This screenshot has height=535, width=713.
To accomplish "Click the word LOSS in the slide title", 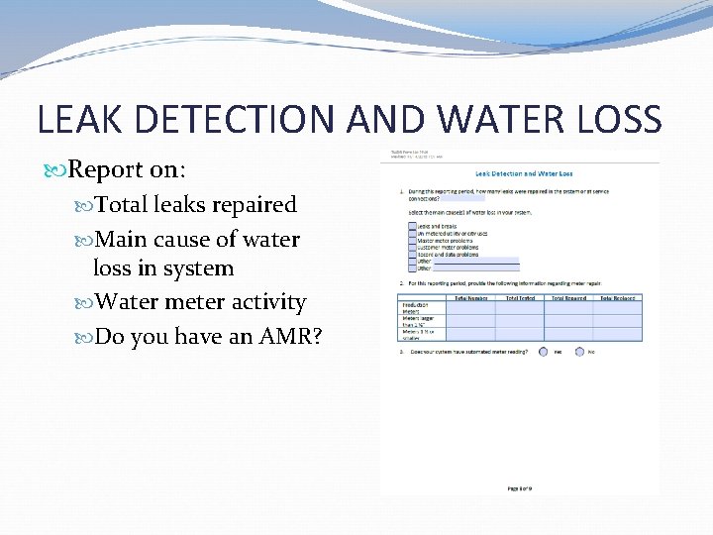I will [x=613, y=119].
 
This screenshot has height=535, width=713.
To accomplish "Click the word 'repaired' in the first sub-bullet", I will [x=252, y=204].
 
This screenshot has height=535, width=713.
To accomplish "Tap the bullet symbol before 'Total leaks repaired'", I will [x=85, y=205].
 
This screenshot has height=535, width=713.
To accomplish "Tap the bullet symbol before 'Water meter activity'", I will [x=85, y=302].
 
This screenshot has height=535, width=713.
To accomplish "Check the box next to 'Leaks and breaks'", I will [x=412, y=226].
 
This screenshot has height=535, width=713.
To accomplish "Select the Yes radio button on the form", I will [x=543, y=351].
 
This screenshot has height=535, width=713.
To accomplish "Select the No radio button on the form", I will [x=578, y=351].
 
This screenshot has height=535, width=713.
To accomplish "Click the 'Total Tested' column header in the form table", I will [x=520, y=297].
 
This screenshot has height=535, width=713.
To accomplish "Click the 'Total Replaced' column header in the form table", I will [x=617, y=297].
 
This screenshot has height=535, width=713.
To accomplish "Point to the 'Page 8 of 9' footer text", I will [x=520, y=487].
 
